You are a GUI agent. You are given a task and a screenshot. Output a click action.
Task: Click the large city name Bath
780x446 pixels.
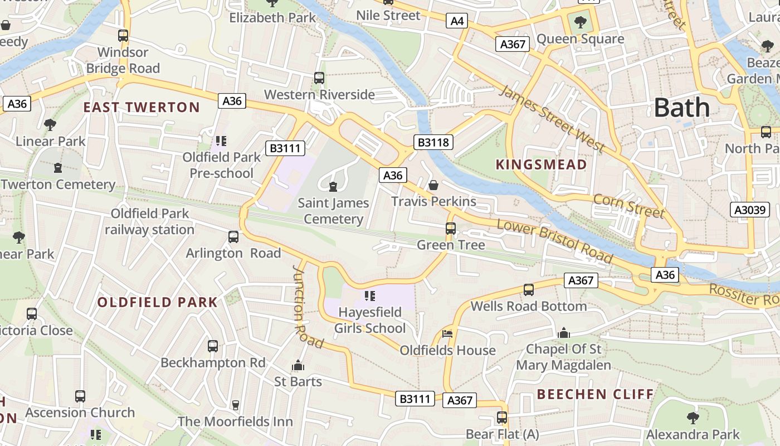[x=681, y=107]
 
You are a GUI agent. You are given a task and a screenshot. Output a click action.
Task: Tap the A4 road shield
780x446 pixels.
[x=456, y=21]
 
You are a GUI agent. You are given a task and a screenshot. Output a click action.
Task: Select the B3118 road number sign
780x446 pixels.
[x=433, y=142]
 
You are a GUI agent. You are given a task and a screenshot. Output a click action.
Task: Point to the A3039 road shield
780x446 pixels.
[x=750, y=210]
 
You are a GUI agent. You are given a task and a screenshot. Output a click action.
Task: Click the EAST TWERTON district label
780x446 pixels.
[x=142, y=108]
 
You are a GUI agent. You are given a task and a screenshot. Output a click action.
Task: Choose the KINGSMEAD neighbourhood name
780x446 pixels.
[x=541, y=164]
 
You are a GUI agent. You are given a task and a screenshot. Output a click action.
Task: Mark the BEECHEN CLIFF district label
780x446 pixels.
[x=595, y=394]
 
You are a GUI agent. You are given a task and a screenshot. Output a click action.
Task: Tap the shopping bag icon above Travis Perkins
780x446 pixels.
[x=433, y=185]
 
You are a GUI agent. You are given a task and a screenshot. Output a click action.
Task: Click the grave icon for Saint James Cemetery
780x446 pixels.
[x=333, y=186]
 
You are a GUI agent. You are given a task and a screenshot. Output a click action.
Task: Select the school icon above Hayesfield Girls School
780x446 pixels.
[x=369, y=295]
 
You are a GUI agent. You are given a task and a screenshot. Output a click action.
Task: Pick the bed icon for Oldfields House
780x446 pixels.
[x=447, y=334]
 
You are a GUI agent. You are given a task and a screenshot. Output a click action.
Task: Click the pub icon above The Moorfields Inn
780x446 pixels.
[x=235, y=405]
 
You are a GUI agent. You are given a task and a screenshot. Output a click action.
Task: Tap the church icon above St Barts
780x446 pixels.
[x=298, y=366]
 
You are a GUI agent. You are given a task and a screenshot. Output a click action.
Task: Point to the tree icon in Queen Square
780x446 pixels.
[x=580, y=22]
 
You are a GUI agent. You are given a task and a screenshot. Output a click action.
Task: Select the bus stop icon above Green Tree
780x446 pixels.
[x=450, y=229]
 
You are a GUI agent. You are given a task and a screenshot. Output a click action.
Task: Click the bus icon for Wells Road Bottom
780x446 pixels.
[x=528, y=290]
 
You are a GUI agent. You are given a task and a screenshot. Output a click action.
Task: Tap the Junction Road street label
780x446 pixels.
[x=307, y=306]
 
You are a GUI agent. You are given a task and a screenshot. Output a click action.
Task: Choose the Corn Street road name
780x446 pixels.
[x=628, y=206]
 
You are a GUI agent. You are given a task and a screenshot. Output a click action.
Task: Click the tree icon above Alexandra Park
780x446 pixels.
[x=693, y=418]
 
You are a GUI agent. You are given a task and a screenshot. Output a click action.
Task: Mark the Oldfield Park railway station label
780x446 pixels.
[x=149, y=221]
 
